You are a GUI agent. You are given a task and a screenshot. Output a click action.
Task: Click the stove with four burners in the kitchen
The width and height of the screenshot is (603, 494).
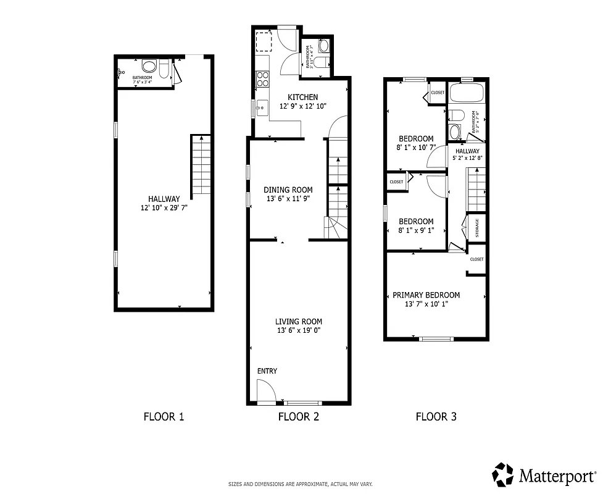point(263,79)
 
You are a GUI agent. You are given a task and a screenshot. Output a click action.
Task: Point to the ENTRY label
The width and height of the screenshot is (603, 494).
point(267,371)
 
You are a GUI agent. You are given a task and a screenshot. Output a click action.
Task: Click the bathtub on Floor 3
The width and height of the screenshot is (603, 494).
point(467,94)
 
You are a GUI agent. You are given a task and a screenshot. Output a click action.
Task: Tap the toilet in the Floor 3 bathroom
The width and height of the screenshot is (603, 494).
point(455,115)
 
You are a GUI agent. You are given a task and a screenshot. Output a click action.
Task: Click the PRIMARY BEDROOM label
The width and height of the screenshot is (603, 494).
point(426,295)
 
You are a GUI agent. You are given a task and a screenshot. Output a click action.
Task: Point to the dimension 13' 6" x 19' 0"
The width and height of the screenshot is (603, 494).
point(299,330)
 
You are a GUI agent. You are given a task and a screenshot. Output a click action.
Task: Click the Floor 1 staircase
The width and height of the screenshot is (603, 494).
point(201,167)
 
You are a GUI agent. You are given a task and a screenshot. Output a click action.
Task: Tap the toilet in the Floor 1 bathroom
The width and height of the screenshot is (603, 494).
point(149,66)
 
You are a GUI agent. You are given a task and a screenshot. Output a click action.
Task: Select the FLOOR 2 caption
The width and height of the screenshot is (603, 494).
point(299,417)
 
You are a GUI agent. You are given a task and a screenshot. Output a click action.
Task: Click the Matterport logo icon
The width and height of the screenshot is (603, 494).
point(502,474)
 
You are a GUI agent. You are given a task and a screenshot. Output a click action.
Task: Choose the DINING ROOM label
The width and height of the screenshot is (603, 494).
point(288,190)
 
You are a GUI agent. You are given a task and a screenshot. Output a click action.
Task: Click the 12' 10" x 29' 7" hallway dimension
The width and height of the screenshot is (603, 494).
point(164,208)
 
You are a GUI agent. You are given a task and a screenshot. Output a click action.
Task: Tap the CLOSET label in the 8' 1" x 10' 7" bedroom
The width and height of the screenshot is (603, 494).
point(438,93)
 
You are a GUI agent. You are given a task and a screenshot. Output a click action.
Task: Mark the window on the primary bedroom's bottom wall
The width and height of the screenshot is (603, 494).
point(436,338)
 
